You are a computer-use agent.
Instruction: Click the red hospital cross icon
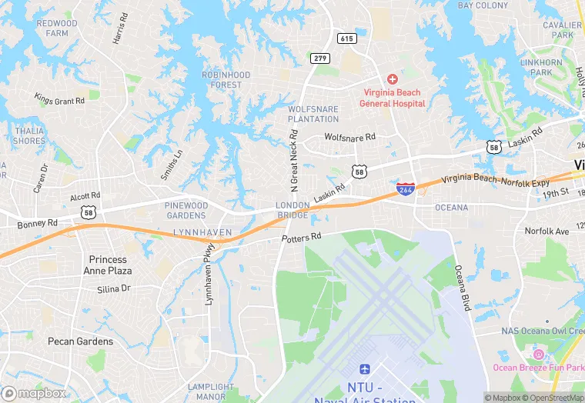[x=392, y=79]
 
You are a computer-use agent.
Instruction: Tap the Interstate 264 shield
[x=406, y=188]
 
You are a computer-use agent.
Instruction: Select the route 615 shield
[x=346, y=38]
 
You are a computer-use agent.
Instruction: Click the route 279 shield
[x=320, y=58]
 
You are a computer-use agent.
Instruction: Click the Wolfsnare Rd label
[x=349, y=137]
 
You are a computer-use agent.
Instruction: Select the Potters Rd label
[x=301, y=238]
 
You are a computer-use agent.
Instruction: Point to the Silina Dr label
[x=114, y=289]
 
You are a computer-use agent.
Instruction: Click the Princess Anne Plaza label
[x=110, y=265]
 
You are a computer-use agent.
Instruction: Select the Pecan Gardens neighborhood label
[x=80, y=341]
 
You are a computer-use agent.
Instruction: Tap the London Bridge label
[x=292, y=210]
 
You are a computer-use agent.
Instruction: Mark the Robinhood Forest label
[x=226, y=79]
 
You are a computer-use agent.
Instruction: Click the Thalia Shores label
[x=29, y=135]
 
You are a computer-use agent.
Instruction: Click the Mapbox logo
[x=34, y=393]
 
